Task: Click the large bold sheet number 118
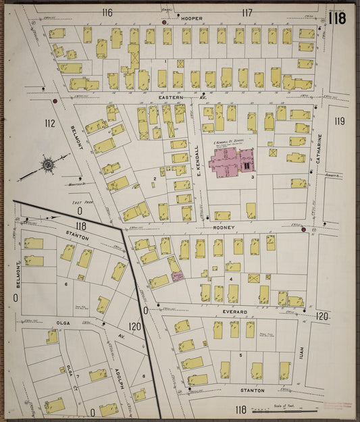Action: pyautogui.click(x=337, y=16)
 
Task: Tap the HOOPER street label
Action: pyautogui.click(x=191, y=18)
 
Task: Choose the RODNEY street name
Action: pyautogui.click(x=224, y=228)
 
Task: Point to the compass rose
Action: pyautogui.click(x=49, y=164)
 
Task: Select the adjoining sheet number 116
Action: pyautogui.click(x=107, y=12)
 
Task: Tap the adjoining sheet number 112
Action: pyautogui.click(x=49, y=123)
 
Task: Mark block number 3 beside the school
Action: pyautogui.click(x=252, y=178)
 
